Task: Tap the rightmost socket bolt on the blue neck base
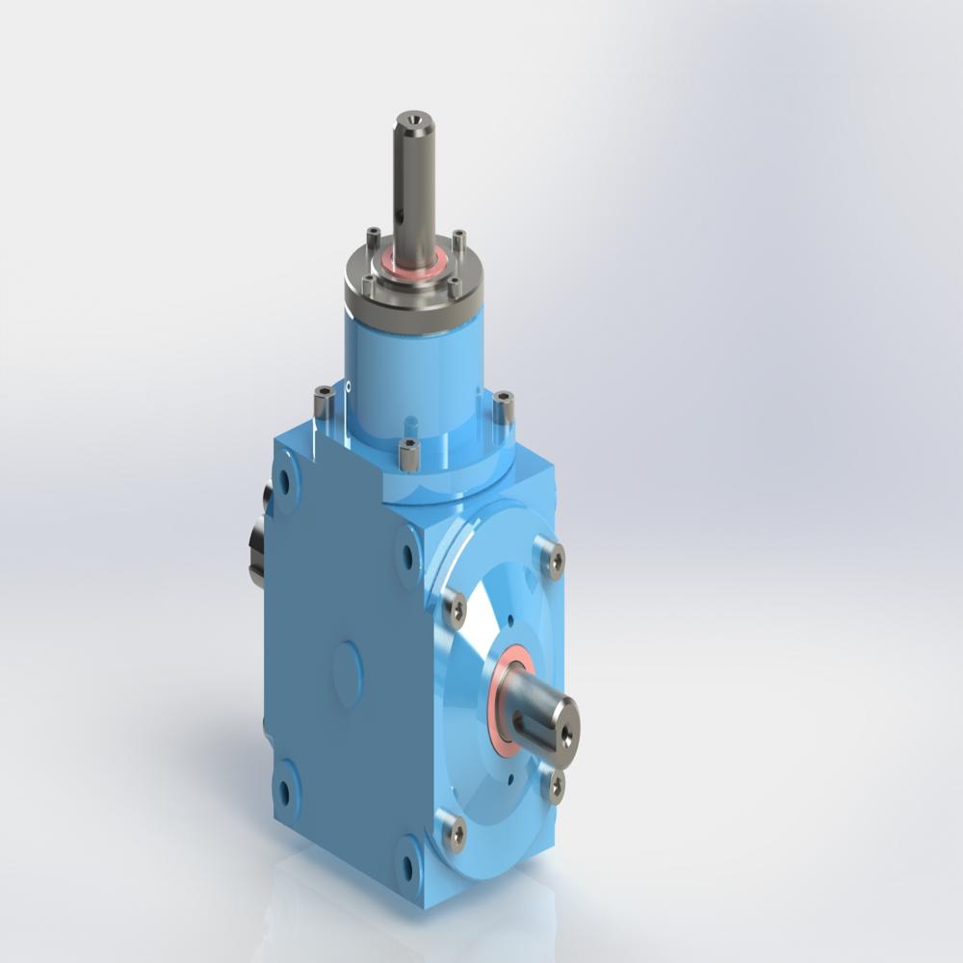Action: coord(503,404)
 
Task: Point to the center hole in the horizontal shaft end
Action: coord(565,734)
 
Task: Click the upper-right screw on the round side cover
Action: coord(553,559)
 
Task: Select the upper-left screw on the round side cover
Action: coord(455,607)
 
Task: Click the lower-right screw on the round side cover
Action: coord(554,785)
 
